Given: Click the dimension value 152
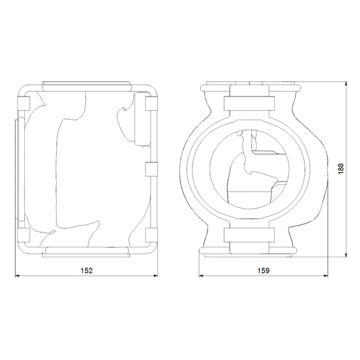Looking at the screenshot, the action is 86,271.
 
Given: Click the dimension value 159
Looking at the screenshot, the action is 263,271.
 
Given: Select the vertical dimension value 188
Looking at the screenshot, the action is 340,169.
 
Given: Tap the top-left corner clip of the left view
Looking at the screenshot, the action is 24,103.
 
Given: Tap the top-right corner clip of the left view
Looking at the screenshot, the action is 151,103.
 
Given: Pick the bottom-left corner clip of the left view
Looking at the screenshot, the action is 24,235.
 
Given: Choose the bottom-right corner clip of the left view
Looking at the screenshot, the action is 151,235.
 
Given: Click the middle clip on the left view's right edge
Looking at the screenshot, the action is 151,170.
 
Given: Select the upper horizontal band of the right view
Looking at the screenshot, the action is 249,103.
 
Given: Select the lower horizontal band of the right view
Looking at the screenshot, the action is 249,235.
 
